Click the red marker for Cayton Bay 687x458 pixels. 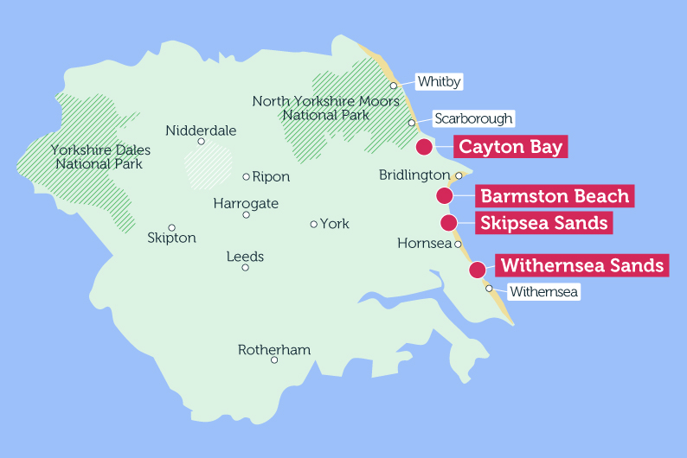[x=424, y=147]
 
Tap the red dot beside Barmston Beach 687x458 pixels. [x=445, y=196]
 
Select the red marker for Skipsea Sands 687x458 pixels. [x=448, y=223]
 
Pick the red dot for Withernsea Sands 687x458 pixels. [x=477, y=270]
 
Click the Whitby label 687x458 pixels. [x=439, y=82]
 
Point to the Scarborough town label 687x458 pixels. [x=473, y=118]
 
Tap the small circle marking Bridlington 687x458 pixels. [x=459, y=176]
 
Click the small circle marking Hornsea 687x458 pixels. [x=459, y=244]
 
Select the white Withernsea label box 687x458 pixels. [x=543, y=292]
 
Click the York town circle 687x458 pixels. [x=314, y=224]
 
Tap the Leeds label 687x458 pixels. [x=245, y=257]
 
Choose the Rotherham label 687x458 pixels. [x=274, y=350]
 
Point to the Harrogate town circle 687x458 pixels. [x=246, y=215]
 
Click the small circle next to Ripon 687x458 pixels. [x=247, y=177]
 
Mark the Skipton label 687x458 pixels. [x=172, y=238]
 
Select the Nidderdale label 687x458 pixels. [x=201, y=131]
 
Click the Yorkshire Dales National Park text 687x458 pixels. [x=96, y=156]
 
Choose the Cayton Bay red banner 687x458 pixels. [x=510, y=147]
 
